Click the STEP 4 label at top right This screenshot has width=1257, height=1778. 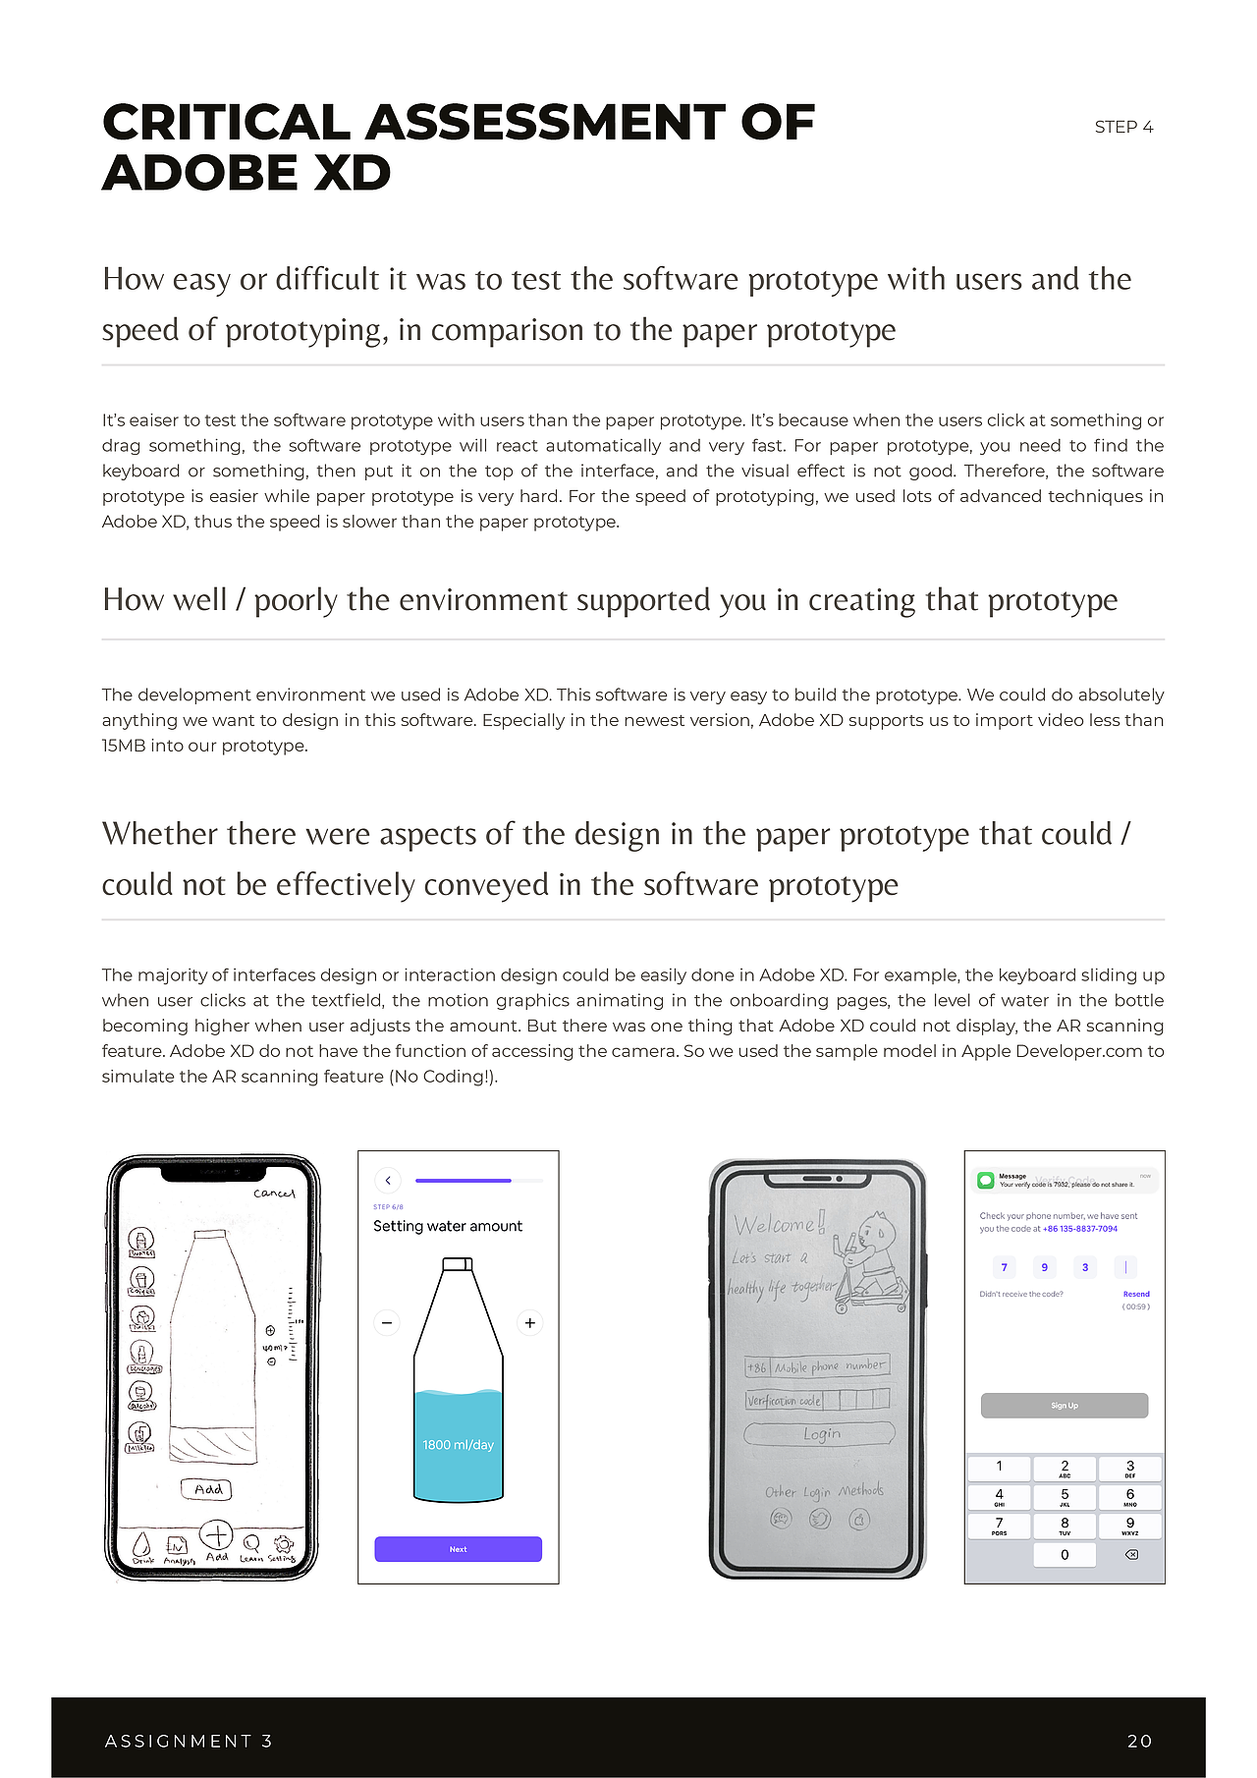(1123, 127)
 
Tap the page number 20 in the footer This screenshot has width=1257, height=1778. (1139, 1741)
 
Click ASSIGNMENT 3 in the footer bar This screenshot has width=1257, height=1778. (189, 1741)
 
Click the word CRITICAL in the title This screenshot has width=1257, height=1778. (227, 123)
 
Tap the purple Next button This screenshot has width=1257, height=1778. (458, 1549)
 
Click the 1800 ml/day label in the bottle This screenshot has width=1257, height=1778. (458, 1445)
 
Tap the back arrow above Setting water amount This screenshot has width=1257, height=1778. (388, 1180)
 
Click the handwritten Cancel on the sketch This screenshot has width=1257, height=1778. (274, 1194)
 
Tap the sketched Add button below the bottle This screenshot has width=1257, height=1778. (207, 1489)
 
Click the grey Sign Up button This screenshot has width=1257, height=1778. (1065, 1406)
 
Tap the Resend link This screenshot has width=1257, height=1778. (1136, 1294)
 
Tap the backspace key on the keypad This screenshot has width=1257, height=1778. (1130, 1555)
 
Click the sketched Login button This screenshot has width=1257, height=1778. (820, 1433)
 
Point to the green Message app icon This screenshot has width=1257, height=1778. (986, 1180)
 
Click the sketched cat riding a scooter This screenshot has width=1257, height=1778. (870, 1262)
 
